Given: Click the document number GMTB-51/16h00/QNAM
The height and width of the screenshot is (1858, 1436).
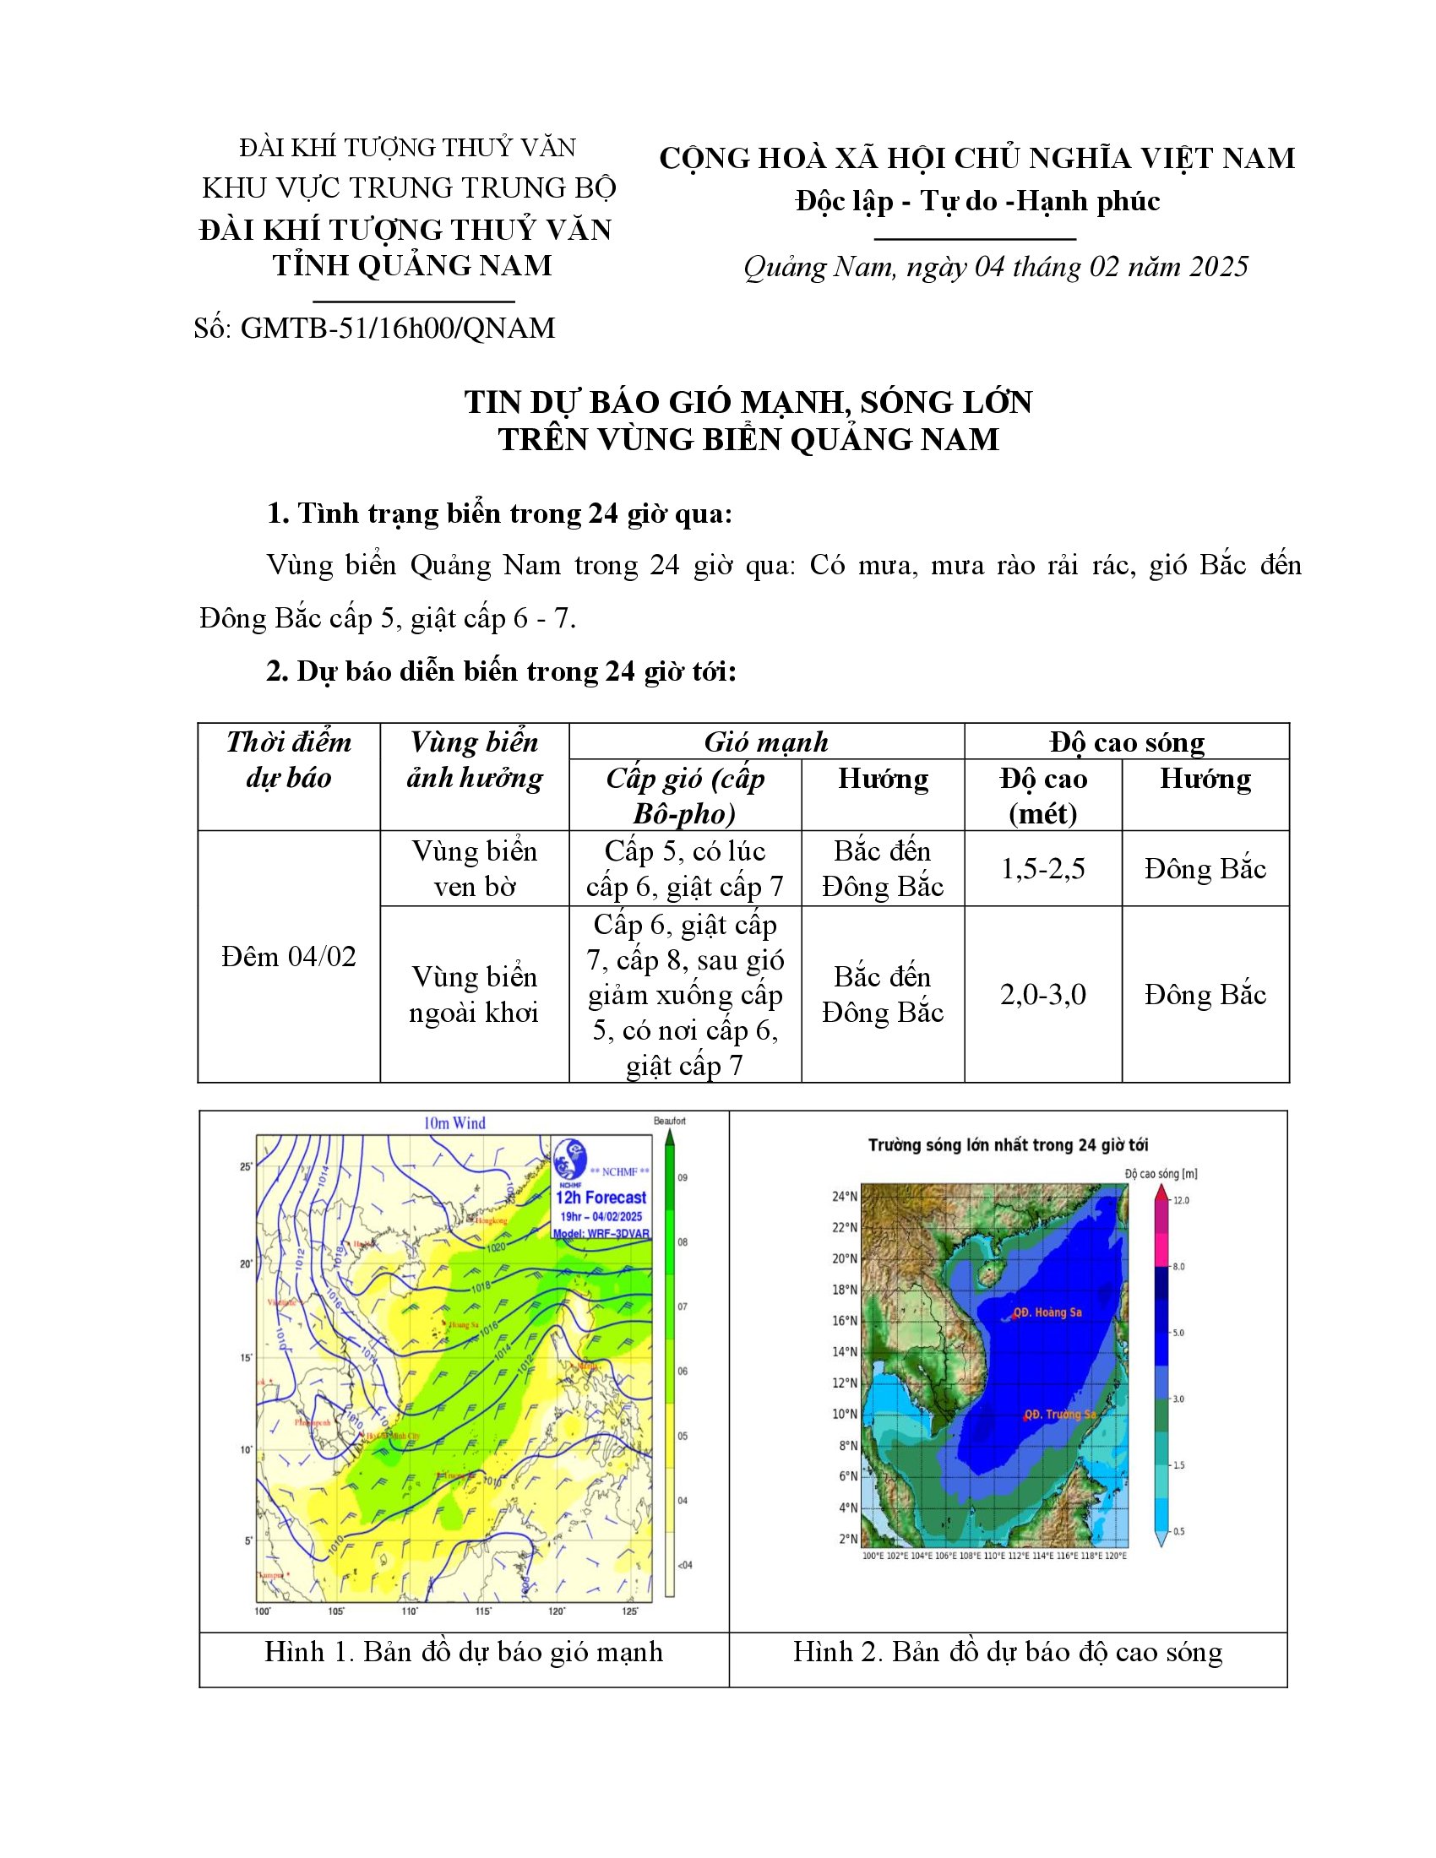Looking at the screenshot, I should (397, 328).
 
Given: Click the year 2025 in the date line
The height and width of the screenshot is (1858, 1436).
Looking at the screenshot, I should (1218, 267).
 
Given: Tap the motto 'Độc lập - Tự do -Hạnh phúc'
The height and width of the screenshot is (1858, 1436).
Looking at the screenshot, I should (977, 201).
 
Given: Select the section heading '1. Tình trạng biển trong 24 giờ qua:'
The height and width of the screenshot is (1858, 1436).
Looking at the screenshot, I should (499, 513).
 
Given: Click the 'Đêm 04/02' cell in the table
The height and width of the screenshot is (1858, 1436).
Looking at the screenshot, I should (288, 957).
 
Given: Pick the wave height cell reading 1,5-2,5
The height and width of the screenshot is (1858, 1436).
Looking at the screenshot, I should (1043, 868).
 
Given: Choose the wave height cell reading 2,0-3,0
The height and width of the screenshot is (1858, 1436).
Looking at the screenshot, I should (1043, 995).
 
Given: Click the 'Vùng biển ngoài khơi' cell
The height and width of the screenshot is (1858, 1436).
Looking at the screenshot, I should (474, 995).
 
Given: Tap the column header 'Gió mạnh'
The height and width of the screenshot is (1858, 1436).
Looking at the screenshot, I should (765, 742).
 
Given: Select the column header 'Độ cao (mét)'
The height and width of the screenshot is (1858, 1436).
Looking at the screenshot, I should (1043, 796).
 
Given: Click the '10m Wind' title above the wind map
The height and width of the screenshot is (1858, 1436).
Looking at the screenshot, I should (454, 1123).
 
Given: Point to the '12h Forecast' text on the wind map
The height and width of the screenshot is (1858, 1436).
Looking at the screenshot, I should (601, 1198).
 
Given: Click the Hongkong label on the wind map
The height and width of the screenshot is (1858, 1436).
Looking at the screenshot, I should (491, 1220).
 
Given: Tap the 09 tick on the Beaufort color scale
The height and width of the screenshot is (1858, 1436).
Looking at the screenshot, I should (683, 1177).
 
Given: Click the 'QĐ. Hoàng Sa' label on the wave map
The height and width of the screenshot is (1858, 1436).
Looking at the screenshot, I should (1047, 1312).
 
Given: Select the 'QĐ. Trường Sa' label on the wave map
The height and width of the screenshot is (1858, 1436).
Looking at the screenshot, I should (1059, 1414).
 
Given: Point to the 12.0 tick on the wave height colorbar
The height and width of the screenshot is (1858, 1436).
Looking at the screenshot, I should (1181, 1200).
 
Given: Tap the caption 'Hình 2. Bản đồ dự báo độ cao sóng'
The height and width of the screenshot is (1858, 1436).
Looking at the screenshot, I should (1007, 1651).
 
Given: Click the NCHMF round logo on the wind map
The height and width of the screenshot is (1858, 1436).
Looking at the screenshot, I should (569, 1160).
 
